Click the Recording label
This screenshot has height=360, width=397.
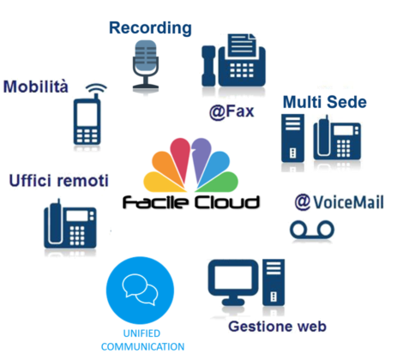[150, 29]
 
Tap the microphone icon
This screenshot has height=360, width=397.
[146, 63]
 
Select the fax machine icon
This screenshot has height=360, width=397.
[233, 60]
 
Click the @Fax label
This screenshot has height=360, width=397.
[232, 111]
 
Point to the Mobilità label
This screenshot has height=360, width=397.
[36, 87]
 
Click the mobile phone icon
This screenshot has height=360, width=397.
[87, 121]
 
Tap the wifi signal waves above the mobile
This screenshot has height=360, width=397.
[96, 87]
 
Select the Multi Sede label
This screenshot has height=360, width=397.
[325, 102]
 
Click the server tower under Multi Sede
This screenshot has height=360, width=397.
[292, 138]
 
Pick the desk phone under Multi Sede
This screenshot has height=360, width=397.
[337, 139]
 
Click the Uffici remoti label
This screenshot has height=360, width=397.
[59, 181]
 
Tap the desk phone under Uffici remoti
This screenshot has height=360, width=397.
[70, 224]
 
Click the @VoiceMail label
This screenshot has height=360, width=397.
[340, 202]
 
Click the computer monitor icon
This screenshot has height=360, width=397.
[233, 282]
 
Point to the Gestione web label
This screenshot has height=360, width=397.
[277, 327]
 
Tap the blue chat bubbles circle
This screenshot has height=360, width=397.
[140, 290]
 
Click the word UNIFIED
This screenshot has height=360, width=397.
[141, 333]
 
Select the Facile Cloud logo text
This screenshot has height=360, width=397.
[191, 202]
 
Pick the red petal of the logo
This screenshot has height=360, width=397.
[181, 157]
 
